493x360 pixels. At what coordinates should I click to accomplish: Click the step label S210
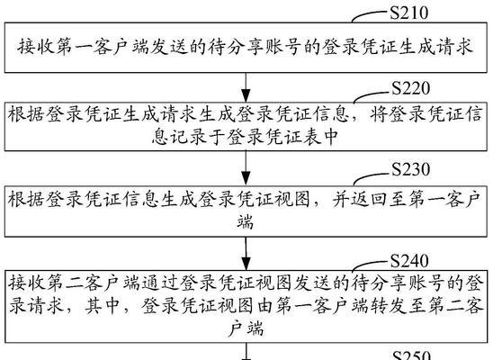(409, 13)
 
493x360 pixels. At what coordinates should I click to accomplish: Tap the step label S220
(410, 88)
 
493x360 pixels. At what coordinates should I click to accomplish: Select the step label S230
(410, 169)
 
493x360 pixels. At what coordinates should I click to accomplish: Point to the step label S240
(409, 261)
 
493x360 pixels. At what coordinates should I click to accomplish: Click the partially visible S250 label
(411, 355)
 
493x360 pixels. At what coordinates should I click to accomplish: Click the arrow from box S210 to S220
(246, 87)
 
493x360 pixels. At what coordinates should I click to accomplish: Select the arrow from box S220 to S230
(246, 168)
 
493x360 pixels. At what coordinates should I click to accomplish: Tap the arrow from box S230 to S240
(246, 254)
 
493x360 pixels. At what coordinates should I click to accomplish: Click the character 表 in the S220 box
(311, 137)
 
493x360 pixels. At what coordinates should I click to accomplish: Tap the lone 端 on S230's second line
(246, 221)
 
